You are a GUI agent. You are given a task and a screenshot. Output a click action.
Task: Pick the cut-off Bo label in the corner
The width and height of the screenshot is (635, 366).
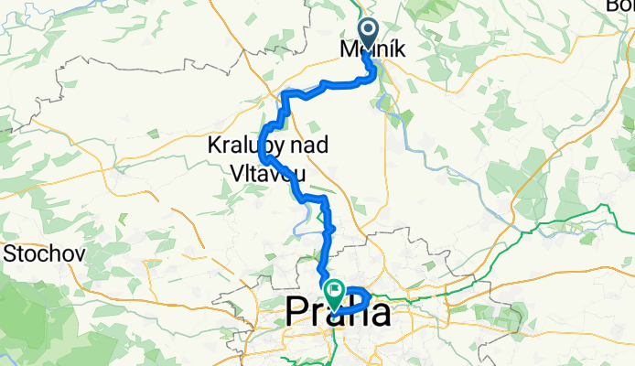point(622,6)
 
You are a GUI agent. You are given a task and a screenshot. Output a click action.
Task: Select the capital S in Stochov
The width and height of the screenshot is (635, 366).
point(11,252)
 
